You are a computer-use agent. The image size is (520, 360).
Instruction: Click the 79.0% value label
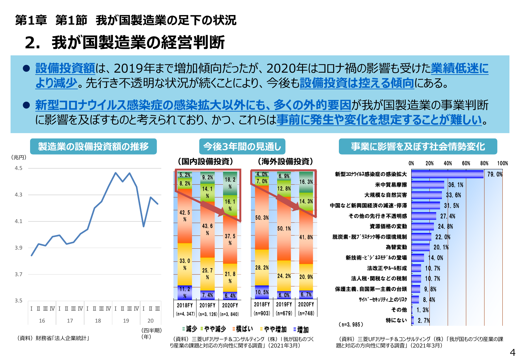(x=494, y=174)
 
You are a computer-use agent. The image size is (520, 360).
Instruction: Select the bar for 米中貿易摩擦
(x=428, y=185)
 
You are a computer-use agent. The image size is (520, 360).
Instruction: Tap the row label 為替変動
(x=396, y=247)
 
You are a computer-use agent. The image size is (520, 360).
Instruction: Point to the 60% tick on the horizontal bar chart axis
(x=466, y=164)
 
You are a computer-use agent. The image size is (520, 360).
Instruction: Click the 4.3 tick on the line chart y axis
(x=19, y=195)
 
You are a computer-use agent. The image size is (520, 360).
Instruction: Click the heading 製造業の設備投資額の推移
(x=93, y=147)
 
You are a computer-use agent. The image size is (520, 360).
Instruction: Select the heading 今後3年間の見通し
(x=242, y=147)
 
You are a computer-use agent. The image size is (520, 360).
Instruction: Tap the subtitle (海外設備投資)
(x=285, y=162)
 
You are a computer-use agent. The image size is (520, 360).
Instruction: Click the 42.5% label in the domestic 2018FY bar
(x=185, y=216)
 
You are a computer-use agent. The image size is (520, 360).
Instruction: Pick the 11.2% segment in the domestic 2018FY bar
(x=185, y=292)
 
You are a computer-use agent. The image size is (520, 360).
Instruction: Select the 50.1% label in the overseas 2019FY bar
(x=284, y=228)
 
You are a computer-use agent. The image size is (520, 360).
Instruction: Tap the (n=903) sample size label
(x=262, y=313)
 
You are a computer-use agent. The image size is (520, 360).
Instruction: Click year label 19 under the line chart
(x=126, y=321)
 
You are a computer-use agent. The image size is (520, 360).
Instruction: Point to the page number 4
(x=512, y=352)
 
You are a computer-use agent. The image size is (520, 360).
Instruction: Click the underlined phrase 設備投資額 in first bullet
(x=65, y=68)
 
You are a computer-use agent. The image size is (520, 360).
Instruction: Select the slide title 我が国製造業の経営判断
(x=138, y=43)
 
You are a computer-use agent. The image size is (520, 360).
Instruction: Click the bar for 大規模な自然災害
(x=426, y=195)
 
